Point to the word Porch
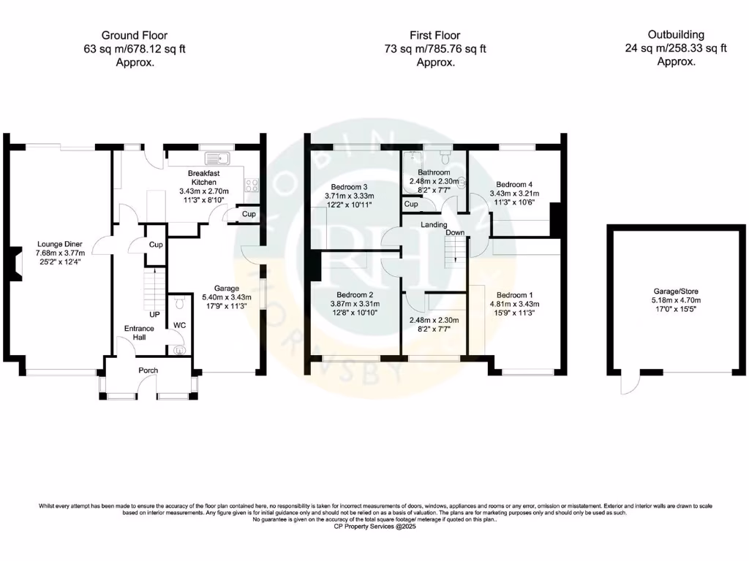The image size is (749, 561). coord(148,370)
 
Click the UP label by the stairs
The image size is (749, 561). coord(154,315)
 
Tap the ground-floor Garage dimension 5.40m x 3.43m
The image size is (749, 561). coord(227,297)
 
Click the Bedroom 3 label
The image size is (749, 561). coord(350,186)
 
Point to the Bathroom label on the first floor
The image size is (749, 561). coord(434,172)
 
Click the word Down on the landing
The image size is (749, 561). coord(455,232)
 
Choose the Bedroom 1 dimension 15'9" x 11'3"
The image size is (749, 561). coord(514,313)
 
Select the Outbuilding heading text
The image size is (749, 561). coord(676,34)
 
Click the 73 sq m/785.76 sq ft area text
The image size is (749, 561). coord(436,49)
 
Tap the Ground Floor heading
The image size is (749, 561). coord(134,35)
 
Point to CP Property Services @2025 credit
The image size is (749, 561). coord(374,526)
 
